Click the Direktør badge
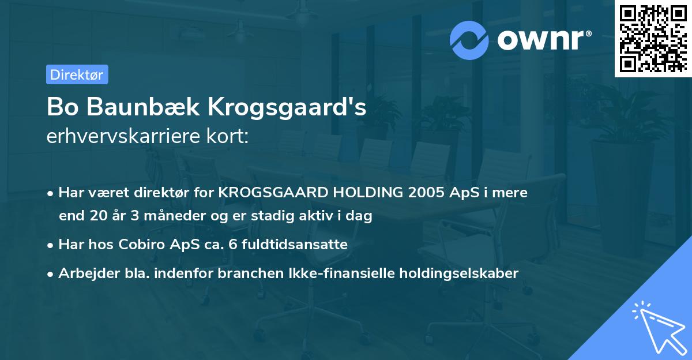(77, 74)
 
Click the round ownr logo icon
(469, 40)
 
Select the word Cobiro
(144, 245)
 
